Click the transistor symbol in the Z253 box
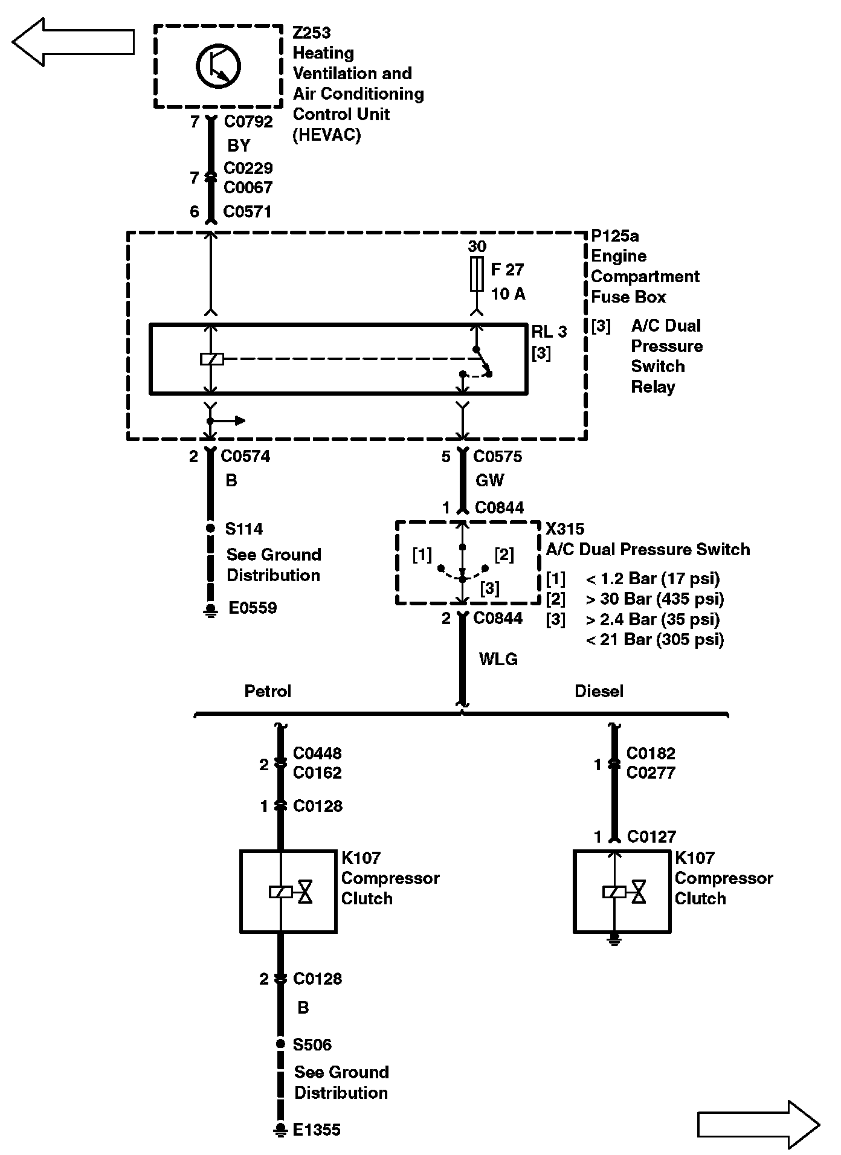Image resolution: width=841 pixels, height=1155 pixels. pos(218,66)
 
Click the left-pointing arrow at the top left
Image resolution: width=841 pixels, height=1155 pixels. pos(72,42)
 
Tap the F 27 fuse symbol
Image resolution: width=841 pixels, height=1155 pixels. pos(477,274)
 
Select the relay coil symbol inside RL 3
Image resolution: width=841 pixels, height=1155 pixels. pos(211,359)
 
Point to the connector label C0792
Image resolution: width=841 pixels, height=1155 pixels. pos(248,122)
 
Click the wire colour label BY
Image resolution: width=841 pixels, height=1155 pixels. pos(239,146)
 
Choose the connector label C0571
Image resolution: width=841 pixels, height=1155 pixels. pos(247,212)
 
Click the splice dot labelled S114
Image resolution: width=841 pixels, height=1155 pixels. pos(210,528)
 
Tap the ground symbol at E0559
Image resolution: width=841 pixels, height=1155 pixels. pos(210,610)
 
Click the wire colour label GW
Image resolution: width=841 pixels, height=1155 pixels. pos(489,480)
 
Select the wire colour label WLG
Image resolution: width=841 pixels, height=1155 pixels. pos(498,659)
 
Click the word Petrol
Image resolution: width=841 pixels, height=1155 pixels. pos(268,691)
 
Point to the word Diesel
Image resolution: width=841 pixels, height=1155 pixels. pos(599,691)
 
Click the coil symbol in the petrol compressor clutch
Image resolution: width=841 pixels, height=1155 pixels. pos(280,892)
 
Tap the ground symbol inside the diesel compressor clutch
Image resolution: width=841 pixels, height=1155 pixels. pos(614,938)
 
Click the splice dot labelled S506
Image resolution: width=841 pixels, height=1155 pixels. pos(280,1044)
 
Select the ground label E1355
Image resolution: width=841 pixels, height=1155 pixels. pos(317,1130)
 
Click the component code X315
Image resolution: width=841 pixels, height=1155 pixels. pos(565,529)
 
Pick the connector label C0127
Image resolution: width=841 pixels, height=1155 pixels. pos(651,837)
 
